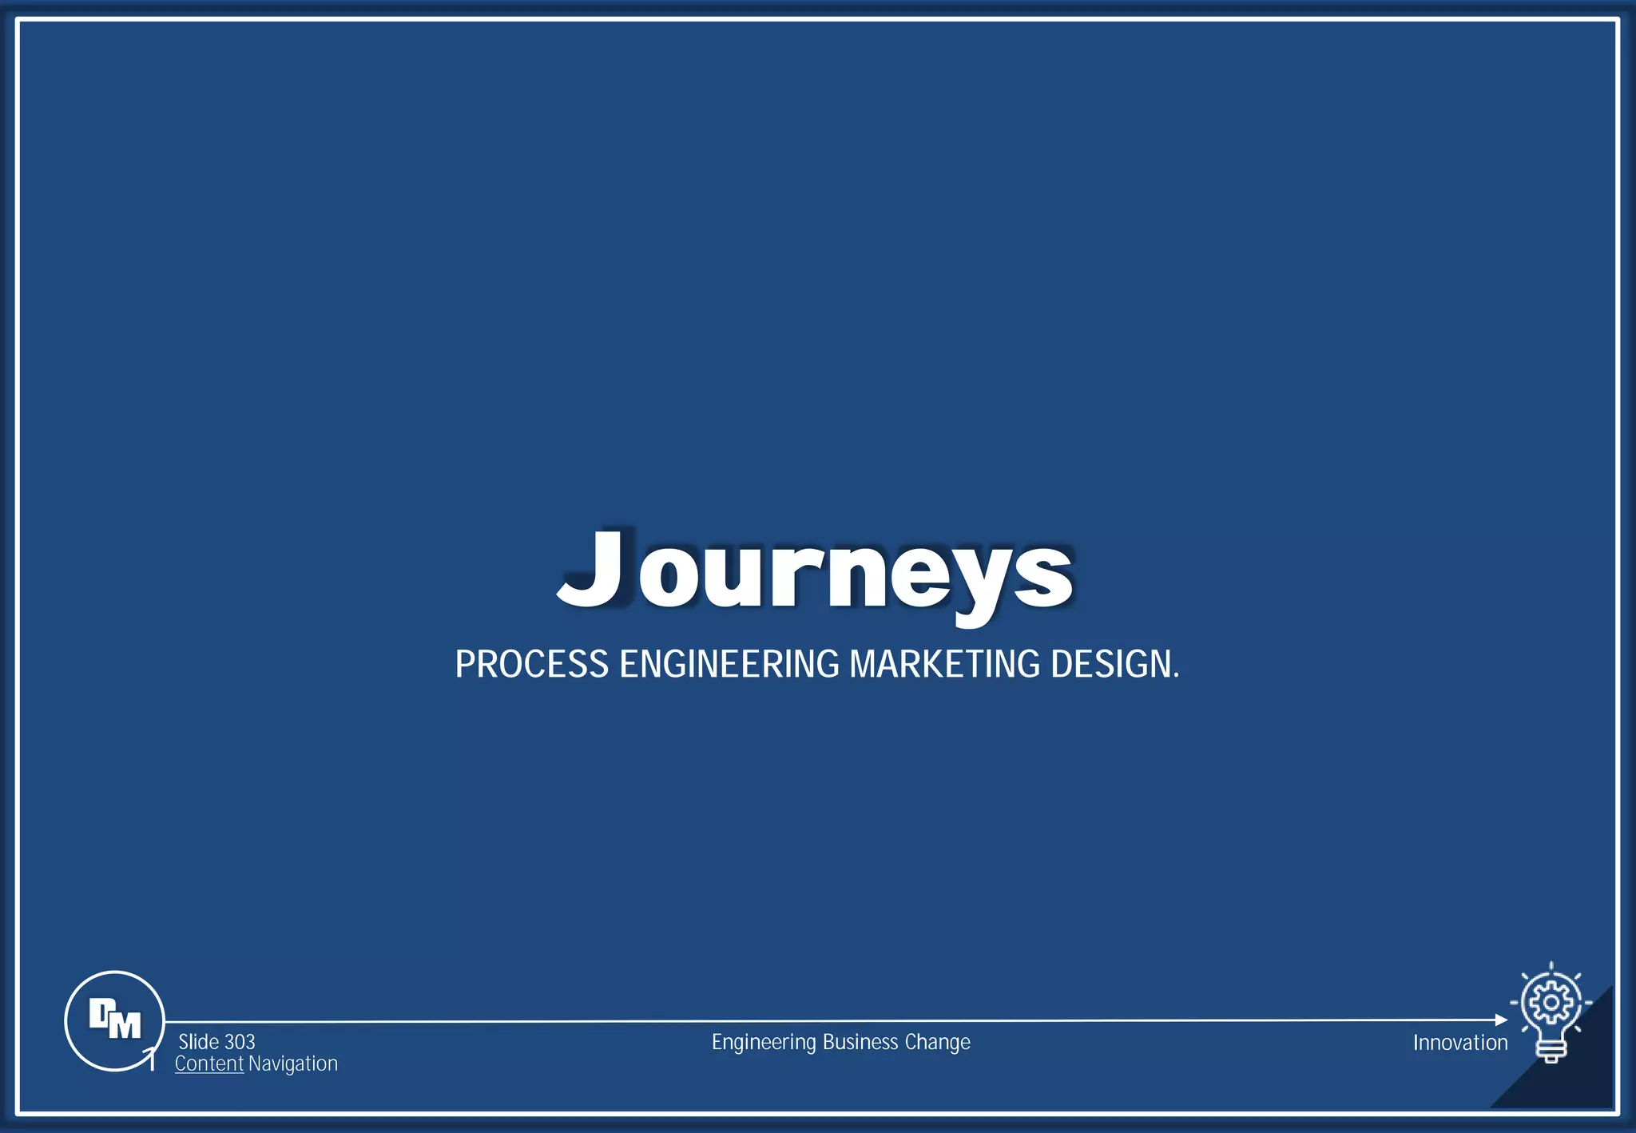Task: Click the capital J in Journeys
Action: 592,567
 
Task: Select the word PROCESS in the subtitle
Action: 531,664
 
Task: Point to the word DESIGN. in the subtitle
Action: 1114,664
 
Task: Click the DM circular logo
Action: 114,1020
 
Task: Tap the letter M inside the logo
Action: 125,1025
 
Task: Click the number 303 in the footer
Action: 240,1042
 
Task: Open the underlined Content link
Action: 208,1063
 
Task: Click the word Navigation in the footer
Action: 292,1063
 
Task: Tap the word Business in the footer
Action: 860,1042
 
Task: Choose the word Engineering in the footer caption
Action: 764,1042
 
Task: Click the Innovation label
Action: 1459,1043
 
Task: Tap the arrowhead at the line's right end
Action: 1501,1020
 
